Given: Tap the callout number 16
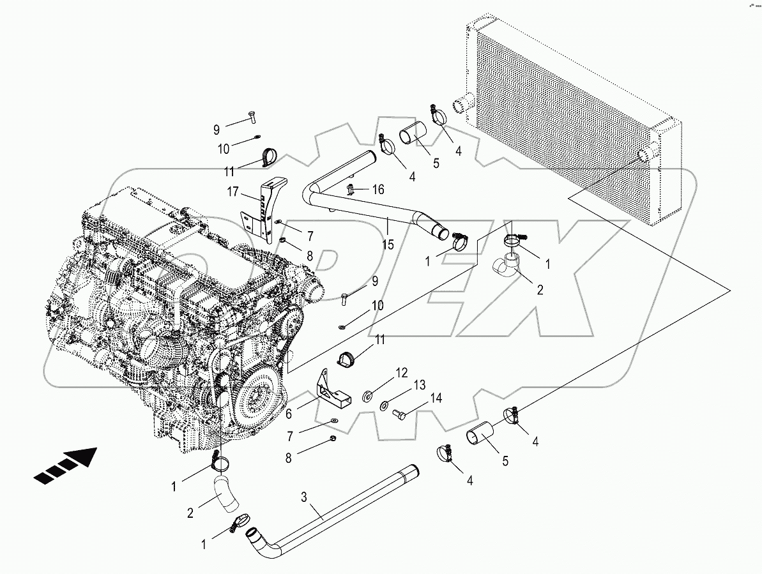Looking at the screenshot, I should coord(378,190).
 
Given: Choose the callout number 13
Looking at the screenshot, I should coord(418,386).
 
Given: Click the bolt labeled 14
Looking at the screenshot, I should coord(400,416).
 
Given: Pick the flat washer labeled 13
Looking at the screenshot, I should coord(385,405).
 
